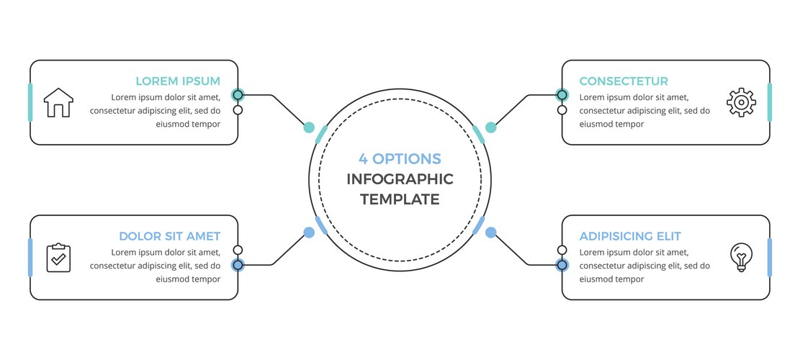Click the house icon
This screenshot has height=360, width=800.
(58, 102)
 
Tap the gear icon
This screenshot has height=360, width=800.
(741, 102)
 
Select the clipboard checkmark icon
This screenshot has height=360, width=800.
(58, 257)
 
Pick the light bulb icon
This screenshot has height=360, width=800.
(741, 257)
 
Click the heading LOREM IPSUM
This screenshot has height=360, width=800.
(178, 81)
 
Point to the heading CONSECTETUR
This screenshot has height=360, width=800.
(624, 81)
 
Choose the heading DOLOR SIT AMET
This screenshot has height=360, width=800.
(169, 236)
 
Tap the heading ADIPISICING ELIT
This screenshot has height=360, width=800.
(630, 236)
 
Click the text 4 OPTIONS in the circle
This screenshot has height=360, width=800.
(400, 158)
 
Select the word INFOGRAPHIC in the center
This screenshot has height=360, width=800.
(400, 179)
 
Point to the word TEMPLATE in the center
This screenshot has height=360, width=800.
(400, 200)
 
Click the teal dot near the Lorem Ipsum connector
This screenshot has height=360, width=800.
(309, 127)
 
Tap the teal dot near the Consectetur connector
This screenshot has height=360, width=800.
(490, 127)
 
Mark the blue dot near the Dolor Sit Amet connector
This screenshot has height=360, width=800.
(309, 233)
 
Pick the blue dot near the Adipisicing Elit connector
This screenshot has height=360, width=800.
(490, 233)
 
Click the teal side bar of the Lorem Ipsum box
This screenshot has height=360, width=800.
(30, 102)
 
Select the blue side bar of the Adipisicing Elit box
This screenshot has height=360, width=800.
(770, 257)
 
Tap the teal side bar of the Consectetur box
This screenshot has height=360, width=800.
(770, 102)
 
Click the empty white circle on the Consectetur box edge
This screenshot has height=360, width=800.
(562, 110)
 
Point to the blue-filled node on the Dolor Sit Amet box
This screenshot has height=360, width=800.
(238, 265)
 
